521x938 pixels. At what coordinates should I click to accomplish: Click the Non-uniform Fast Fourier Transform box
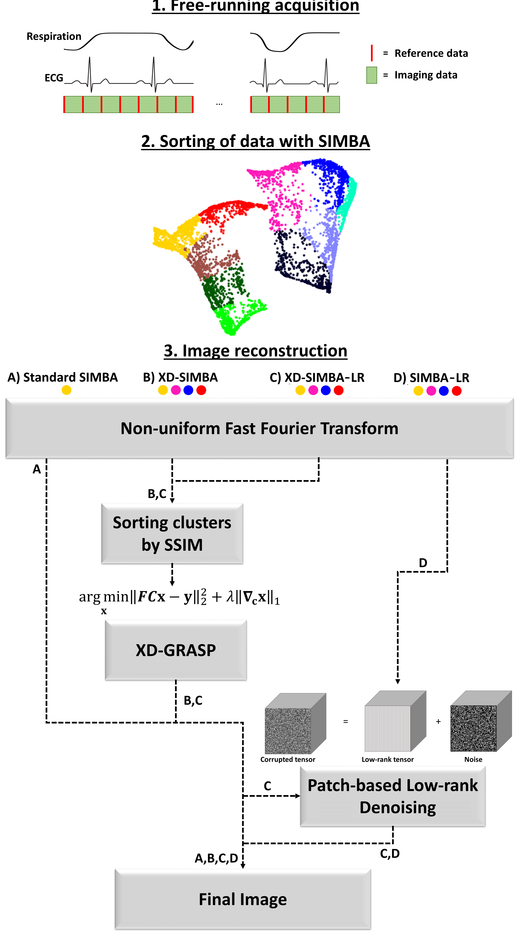(x=259, y=428)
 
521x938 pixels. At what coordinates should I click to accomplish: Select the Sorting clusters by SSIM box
(x=172, y=534)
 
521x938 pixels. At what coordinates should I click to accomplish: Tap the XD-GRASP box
(x=176, y=650)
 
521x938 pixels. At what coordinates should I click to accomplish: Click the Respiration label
(x=54, y=36)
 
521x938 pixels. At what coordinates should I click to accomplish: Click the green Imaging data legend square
(x=372, y=75)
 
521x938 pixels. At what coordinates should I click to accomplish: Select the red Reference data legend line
(x=372, y=53)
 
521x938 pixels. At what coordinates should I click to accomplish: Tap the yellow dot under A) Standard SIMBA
(x=66, y=390)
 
